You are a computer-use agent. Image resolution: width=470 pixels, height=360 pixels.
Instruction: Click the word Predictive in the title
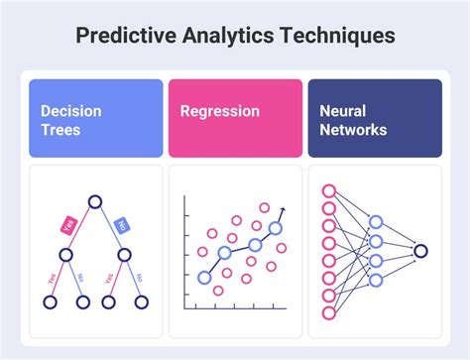125,36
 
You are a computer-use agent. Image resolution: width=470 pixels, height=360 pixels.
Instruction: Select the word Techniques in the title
340,36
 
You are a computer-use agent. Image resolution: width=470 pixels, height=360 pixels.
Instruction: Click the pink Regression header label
220,111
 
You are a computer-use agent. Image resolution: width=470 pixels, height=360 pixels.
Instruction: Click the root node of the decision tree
95,203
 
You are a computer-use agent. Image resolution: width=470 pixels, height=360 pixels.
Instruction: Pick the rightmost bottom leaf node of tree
143,301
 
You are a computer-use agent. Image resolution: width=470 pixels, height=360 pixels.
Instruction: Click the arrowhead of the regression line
283,210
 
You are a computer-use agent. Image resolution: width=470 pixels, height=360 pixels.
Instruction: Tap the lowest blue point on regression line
204,278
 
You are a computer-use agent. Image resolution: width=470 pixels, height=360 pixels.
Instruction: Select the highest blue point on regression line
276,228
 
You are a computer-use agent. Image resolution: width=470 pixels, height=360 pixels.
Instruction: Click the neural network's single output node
420,251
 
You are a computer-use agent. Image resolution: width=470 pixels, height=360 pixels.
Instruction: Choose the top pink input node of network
329,190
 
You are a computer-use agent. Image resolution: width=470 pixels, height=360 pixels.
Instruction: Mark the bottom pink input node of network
329,314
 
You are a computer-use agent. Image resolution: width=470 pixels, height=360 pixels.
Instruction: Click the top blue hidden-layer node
376,222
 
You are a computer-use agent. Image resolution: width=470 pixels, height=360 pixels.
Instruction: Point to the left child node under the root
65,255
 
